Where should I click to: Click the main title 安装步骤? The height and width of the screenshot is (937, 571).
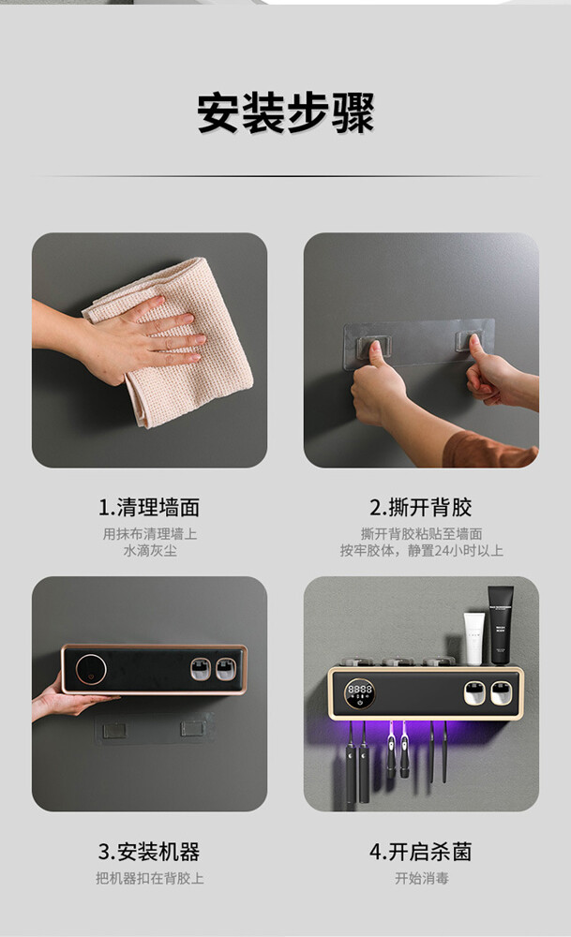coord(285,113)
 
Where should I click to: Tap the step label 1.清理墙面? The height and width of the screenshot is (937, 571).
coord(149,507)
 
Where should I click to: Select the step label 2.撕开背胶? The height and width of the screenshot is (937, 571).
coord(421,507)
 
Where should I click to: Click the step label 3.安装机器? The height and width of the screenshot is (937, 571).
coord(149,852)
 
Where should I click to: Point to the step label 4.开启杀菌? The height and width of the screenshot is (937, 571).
coord(421,852)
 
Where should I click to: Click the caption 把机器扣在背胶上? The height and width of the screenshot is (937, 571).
coord(149,878)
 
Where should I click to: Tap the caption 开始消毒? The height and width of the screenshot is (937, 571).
coord(422,878)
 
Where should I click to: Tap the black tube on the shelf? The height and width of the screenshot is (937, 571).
coord(500,624)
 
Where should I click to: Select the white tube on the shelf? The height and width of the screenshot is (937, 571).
coord(474,639)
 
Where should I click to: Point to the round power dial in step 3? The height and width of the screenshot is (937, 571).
coord(91,668)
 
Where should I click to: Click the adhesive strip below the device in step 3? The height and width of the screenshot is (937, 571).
coord(154,729)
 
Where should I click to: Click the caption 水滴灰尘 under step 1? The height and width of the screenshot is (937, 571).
coord(149,550)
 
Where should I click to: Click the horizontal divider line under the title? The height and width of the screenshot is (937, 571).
coord(285,176)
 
